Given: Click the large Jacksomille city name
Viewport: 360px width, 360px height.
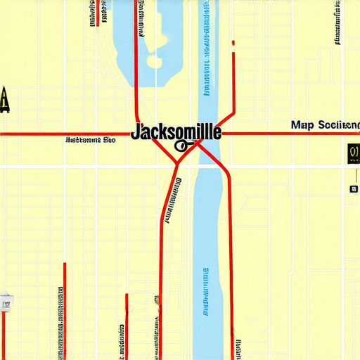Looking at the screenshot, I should coord(176,131).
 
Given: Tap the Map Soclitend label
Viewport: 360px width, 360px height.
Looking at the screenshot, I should coord(324,124).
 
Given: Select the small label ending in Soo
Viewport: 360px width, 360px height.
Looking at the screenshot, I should coord(90,140).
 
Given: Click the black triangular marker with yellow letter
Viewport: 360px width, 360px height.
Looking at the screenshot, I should coord(5,100).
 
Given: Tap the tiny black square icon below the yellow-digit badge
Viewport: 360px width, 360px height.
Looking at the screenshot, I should coord(353,188).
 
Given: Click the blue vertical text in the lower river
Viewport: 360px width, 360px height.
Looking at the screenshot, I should coord(206,292).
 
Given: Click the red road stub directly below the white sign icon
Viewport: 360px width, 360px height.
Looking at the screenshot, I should coord(3,334).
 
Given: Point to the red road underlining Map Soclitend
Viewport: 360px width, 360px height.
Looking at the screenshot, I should coord(295,133).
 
